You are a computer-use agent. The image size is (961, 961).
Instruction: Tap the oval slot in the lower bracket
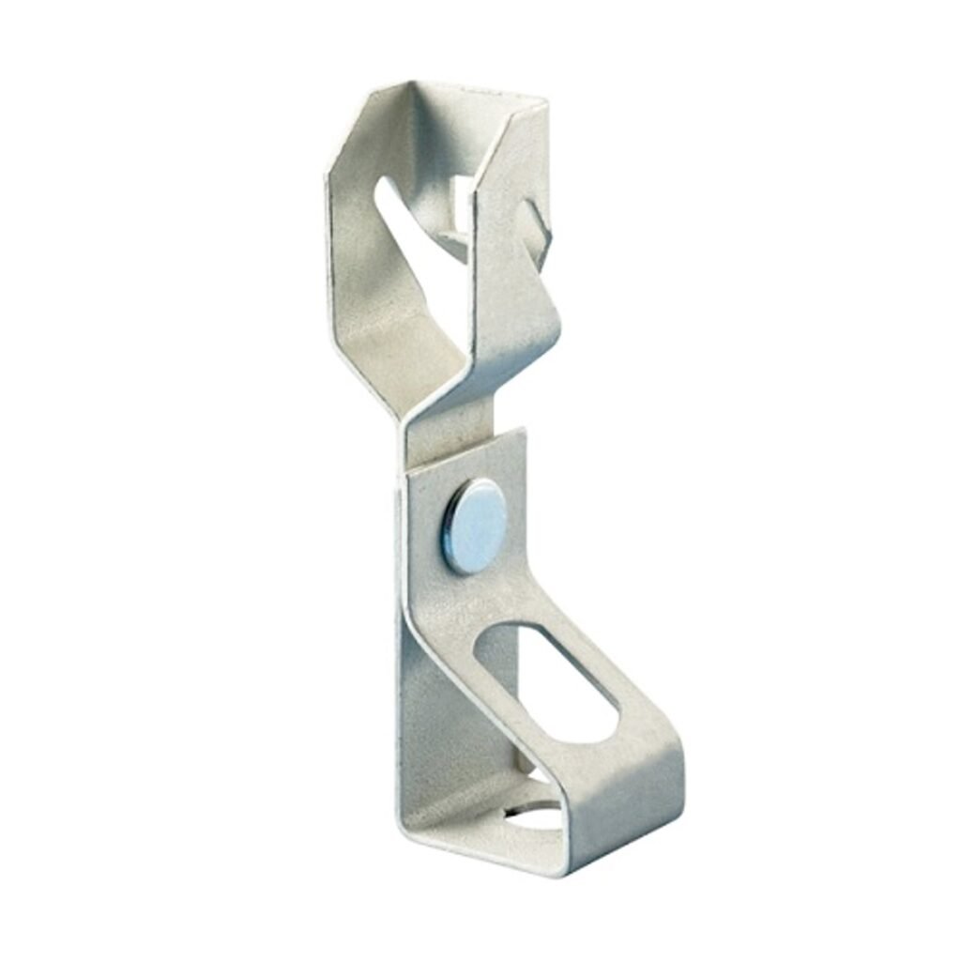pyautogui.click(x=544, y=674)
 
